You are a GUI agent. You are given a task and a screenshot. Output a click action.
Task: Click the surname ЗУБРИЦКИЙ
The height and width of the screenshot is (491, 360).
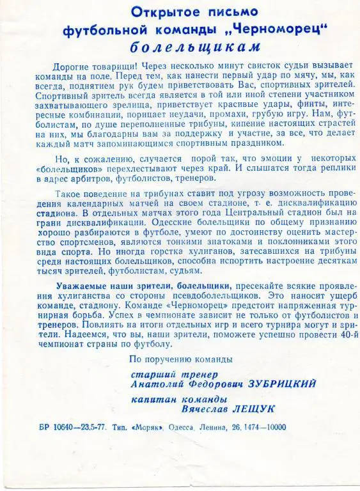[279, 384]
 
